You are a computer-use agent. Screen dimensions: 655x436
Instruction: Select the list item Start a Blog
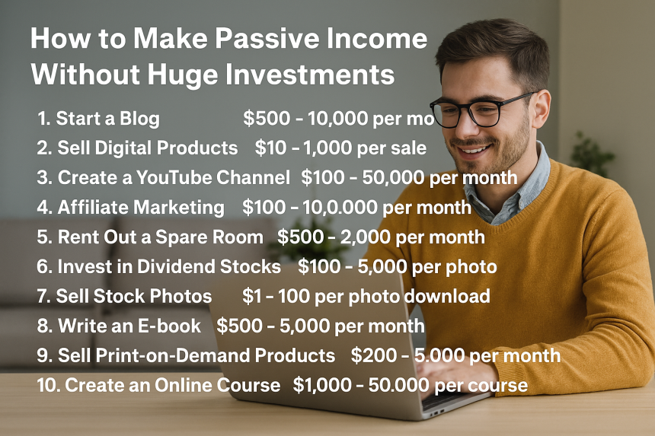(x=108, y=119)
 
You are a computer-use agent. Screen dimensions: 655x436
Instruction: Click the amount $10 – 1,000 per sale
(x=340, y=148)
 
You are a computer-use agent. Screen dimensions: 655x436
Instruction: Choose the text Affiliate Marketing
(x=141, y=208)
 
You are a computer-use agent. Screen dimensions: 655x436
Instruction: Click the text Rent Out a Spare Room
(x=161, y=237)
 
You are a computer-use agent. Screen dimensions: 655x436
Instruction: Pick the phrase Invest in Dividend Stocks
(x=169, y=266)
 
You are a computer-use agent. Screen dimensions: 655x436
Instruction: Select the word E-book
(x=171, y=326)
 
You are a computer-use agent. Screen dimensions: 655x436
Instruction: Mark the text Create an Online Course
(x=173, y=385)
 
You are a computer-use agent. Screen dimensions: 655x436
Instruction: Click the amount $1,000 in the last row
(x=322, y=386)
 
